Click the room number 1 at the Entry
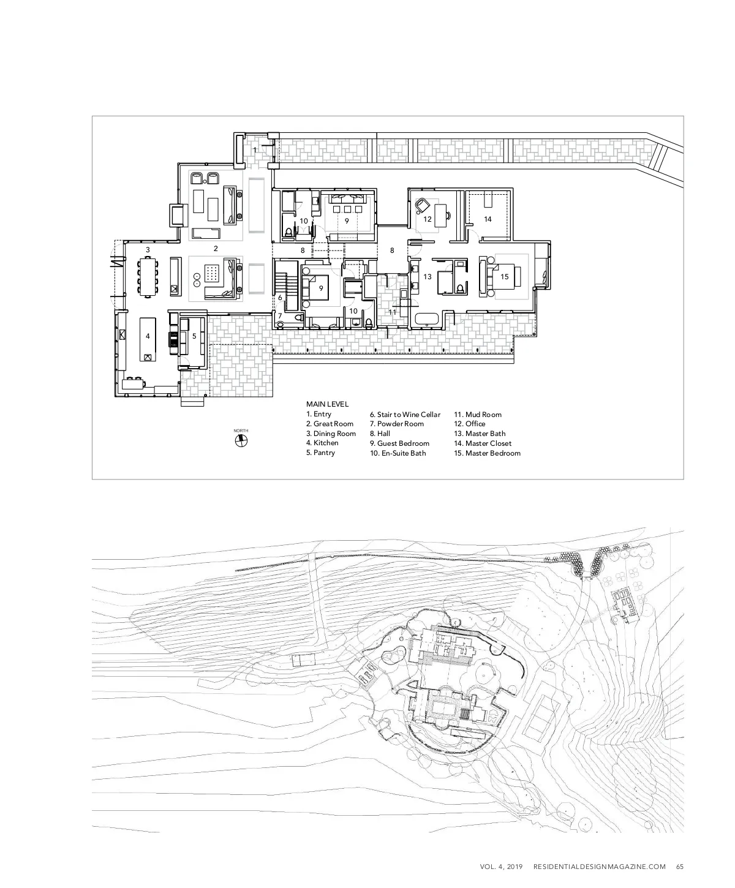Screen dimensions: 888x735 click(x=255, y=149)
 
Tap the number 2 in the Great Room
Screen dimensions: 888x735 click(x=216, y=249)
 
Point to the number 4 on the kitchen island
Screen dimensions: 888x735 click(x=148, y=336)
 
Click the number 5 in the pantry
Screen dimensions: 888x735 click(x=194, y=336)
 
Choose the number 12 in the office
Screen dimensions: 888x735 click(x=428, y=219)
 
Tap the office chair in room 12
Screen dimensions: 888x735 click(x=423, y=205)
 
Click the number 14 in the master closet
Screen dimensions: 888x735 click(x=488, y=219)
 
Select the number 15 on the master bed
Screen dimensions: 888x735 click(x=505, y=277)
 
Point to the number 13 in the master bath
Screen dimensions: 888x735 click(x=428, y=277)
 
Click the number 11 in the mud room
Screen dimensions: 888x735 click(x=393, y=312)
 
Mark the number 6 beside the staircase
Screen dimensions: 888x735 click(x=280, y=298)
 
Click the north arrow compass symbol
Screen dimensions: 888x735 click(x=241, y=443)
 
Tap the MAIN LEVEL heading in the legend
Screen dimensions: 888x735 click(x=327, y=404)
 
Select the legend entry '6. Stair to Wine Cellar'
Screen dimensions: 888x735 click(x=405, y=415)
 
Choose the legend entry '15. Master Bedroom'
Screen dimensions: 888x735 click(x=487, y=453)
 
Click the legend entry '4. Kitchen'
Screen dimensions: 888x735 click(x=322, y=443)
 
